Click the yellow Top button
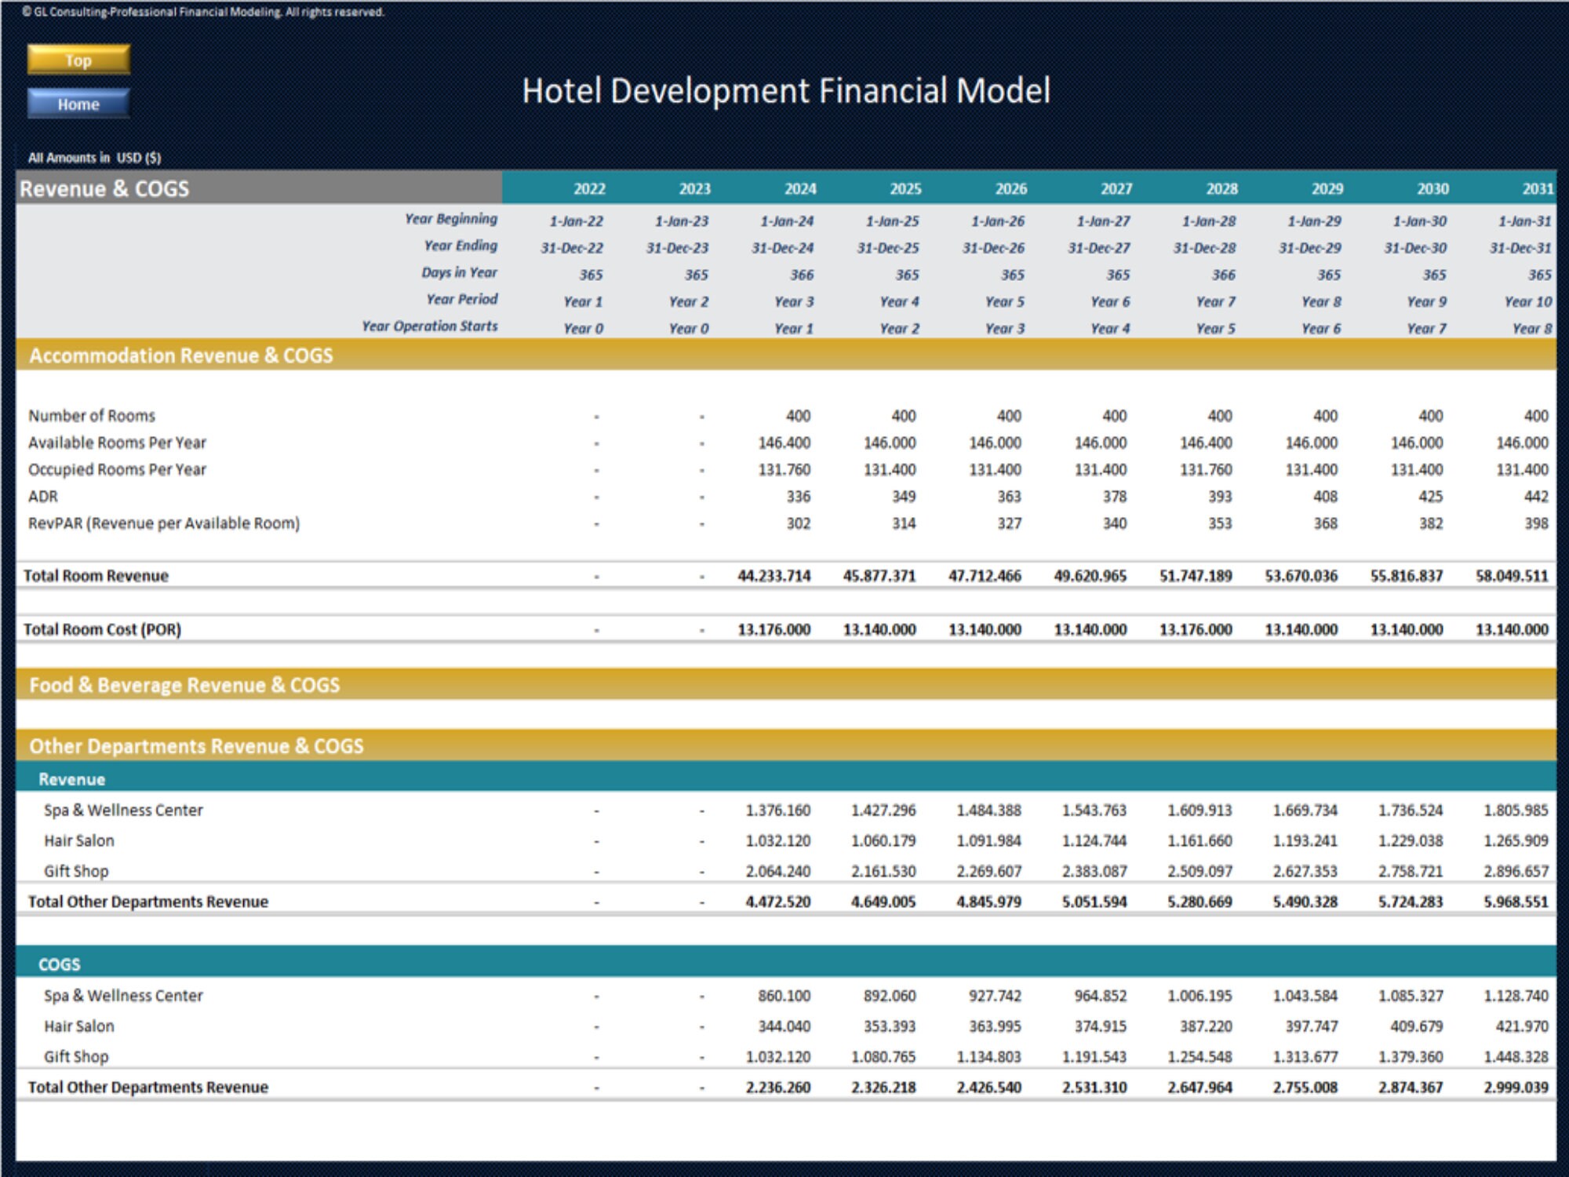point(78,60)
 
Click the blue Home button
point(78,104)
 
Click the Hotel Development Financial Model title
point(785,91)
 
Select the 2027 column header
point(1116,188)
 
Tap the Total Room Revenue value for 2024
point(774,576)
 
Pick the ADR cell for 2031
point(1535,497)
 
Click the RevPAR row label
point(164,523)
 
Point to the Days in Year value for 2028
point(1223,275)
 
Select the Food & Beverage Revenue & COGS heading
point(184,685)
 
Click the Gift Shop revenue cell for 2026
point(988,871)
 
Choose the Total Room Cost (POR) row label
point(102,629)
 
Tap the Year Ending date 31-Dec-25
point(888,248)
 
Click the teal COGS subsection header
point(60,964)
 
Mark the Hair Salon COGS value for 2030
point(1411,1026)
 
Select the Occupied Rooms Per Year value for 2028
point(1206,470)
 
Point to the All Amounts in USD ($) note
point(94,158)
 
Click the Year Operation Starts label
point(429,326)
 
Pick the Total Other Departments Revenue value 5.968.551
point(1516,902)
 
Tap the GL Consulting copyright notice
point(203,12)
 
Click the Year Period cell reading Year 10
point(1527,302)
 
